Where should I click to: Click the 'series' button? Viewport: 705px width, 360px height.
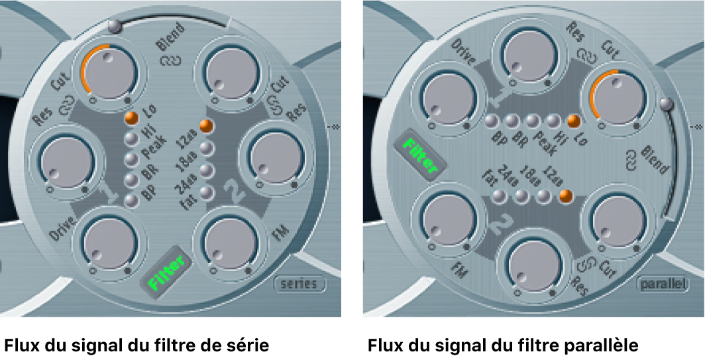click(x=301, y=284)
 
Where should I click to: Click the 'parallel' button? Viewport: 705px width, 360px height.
click(x=661, y=284)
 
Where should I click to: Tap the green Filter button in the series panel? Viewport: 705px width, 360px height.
click(x=165, y=273)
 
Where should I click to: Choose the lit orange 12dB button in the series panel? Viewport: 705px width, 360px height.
click(x=207, y=126)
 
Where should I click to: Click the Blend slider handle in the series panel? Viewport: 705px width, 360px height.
click(x=116, y=26)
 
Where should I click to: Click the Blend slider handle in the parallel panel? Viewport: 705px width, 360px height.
click(x=667, y=103)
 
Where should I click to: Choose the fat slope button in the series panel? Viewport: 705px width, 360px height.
click(x=207, y=193)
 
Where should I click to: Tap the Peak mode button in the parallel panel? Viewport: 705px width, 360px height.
click(x=532, y=121)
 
